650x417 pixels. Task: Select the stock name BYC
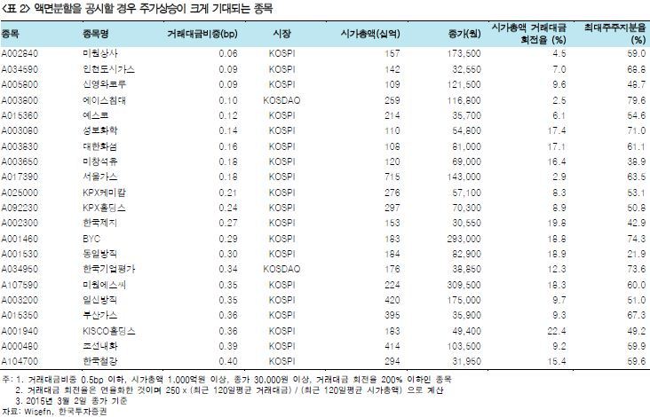(89, 240)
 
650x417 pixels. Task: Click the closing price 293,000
(464, 240)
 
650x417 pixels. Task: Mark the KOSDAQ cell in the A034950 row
(282, 270)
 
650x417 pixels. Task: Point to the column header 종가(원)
(464, 34)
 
